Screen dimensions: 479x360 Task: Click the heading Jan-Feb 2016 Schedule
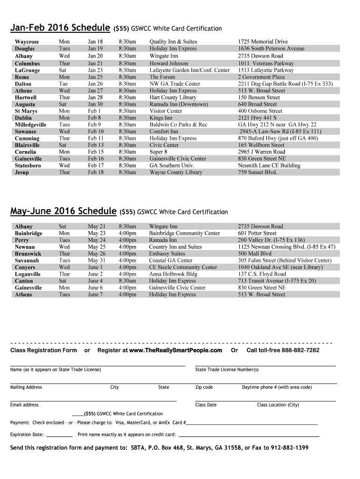(x=60, y=28)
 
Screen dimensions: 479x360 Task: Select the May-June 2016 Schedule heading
(x=64, y=211)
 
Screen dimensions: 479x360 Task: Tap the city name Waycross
(x=27, y=42)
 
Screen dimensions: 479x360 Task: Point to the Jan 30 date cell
(x=95, y=104)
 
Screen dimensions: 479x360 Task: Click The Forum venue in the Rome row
(x=162, y=77)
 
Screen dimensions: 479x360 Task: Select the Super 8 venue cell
(x=158, y=152)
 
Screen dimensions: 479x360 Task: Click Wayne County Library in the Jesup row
(x=176, y=172)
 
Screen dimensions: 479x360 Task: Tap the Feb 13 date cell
(x=96, y=145)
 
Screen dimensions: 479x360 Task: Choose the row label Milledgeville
(x=30, y=125)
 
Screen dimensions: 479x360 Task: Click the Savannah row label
(x=27, y=261)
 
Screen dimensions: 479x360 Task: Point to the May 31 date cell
(x=97, y=261)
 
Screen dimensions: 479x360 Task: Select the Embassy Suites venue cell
(x=167, y=254)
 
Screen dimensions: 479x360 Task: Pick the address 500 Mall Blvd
(x=254, y=254)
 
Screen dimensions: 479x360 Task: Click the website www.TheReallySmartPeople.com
(x=175, y=350)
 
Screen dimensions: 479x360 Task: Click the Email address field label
(x=24, y=405)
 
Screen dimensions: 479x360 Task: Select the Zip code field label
(x=204, y=387)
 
